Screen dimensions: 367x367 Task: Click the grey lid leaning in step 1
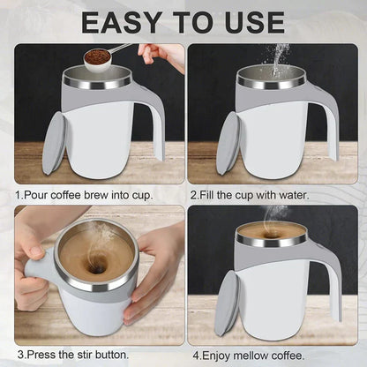point(52,141)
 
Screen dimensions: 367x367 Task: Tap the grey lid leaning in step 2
point(227,141)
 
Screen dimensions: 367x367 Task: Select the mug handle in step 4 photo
point(328,282)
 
